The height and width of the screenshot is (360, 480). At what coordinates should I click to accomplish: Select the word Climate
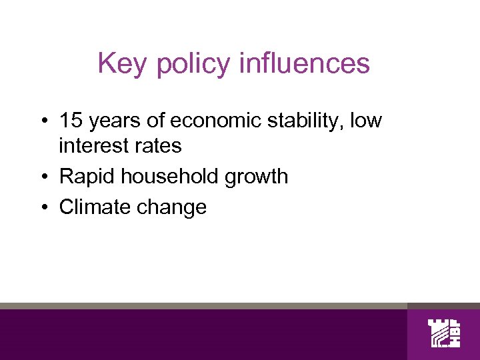(95, 207)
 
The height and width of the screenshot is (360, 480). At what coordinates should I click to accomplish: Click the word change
(171, 208)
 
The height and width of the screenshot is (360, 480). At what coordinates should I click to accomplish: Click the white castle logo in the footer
(443, 333)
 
